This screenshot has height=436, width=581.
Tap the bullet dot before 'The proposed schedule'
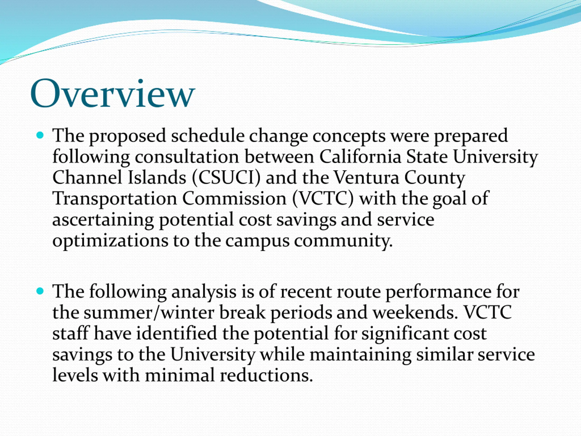40,135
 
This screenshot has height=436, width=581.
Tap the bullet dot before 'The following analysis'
40,291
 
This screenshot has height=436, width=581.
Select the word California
360,157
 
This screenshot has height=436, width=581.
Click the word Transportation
115,199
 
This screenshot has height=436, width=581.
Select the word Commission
234,198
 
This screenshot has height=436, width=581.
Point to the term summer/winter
148,313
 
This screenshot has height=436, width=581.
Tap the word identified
177,334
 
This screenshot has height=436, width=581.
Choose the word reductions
266,376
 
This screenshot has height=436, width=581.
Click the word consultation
187,157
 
